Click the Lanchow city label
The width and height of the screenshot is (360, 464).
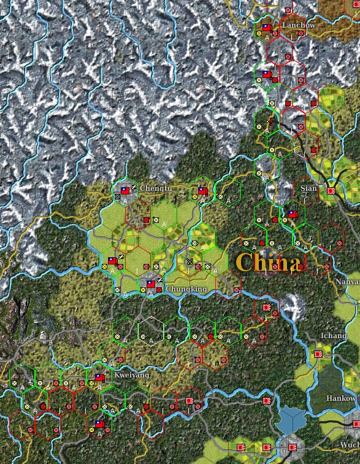(298, 25)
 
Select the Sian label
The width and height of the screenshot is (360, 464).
(309, 188)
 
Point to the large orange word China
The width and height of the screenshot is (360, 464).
(269, 263)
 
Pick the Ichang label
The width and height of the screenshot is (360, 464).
(333, 336)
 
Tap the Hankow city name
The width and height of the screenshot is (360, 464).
(340, 398)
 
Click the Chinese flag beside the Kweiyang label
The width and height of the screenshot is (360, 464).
(99, 377)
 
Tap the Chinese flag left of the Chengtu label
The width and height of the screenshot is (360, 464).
(125, 190)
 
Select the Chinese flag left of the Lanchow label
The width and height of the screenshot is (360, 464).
(267, 28)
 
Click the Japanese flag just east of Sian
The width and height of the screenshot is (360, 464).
(331, 190)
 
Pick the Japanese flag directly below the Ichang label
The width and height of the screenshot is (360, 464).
(319, 354)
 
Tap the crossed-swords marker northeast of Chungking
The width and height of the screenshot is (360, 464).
(190, 261)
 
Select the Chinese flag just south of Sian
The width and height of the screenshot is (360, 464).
(293, 214)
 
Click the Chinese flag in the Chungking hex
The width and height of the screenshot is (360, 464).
(150, 284)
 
